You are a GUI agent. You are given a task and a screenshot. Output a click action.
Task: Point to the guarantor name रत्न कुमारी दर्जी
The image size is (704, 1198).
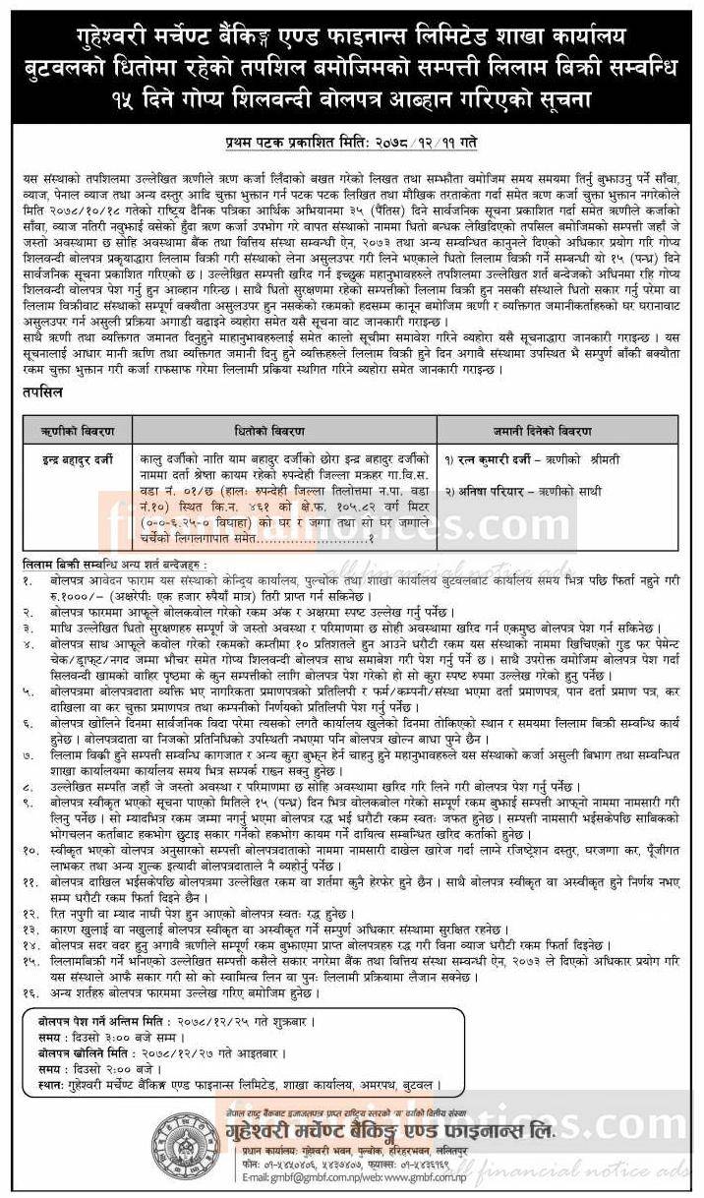pos(489,459)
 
